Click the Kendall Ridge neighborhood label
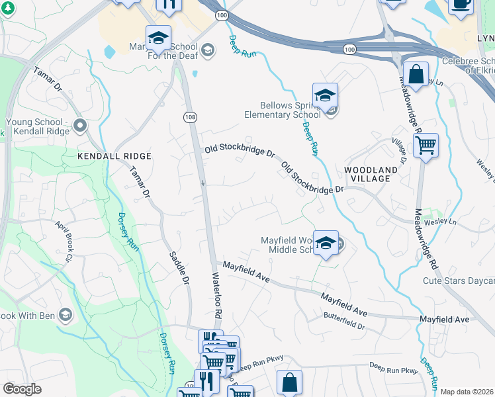coord(114,156)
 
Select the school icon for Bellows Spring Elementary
coord(326,97)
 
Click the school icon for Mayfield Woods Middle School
coord(326,243)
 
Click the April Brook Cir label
coord(66,238)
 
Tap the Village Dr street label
coord(399,152)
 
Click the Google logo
coord(22,389)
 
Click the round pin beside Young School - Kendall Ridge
coord(81,125)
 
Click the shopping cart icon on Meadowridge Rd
coord(426,144)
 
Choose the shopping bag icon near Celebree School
coord(416,75)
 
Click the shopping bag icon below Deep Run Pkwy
coord(290,382)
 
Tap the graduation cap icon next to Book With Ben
coord(65,315)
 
